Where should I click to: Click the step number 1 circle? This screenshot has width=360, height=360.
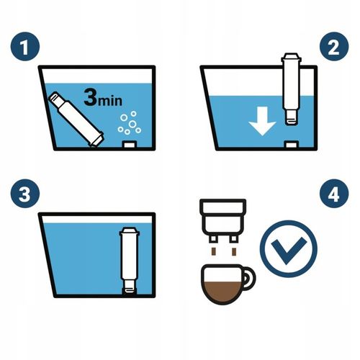25,46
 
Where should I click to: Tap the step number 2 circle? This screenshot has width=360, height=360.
334,46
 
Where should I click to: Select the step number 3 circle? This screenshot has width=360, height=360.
25,194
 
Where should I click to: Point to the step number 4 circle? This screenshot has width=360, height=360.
334,194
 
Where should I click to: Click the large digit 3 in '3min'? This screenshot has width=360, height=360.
91,97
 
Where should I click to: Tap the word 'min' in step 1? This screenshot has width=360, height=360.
110,101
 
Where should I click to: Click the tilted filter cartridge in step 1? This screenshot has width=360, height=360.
76,119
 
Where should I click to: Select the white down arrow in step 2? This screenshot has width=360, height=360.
262,121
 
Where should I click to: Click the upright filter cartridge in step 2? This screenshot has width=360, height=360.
292,89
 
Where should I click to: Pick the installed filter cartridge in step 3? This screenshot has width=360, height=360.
130,261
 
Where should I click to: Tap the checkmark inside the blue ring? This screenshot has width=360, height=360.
289,251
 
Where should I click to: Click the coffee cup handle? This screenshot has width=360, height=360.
250,278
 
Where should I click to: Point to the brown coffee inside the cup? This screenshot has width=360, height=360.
222,292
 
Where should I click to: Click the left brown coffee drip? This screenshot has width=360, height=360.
213,252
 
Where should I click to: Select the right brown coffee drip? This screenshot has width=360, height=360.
234,252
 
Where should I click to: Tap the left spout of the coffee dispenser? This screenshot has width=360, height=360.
213,238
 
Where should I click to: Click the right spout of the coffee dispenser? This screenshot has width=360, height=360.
233,238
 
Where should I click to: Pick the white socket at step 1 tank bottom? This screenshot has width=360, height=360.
130,145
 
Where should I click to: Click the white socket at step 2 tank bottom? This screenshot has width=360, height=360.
292,145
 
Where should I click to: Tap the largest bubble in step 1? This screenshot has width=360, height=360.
132,124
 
